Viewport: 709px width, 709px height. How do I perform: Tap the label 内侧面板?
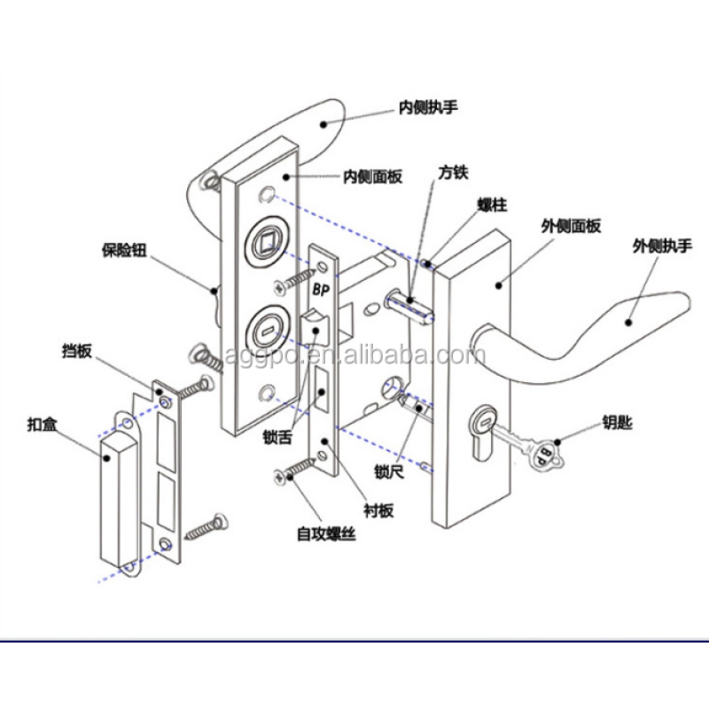point(373,176)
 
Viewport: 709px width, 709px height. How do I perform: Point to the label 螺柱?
point(492,205)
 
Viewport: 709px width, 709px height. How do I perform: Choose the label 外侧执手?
point(661,245)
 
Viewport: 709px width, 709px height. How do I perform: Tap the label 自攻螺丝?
point(325,535)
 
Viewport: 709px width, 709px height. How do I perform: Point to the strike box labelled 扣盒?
point(114,501)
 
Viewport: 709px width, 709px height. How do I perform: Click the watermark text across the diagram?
point(354,356)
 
